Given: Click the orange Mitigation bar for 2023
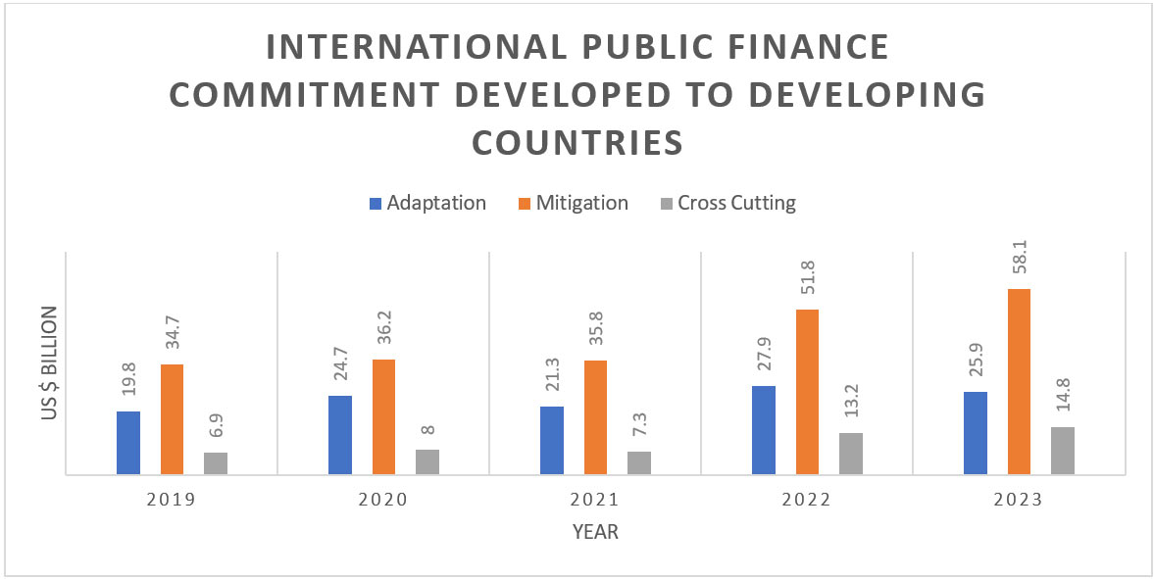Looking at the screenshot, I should pyautogui.click(x=1019, y=382).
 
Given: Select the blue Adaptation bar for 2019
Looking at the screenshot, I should pyautogui.click(x=128, y=443).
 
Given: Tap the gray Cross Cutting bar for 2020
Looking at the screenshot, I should pyautogui.click(x=426, y=461).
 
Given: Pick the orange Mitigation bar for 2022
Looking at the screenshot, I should pyautogui.click(x=807, y=392).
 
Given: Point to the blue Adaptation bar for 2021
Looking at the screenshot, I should pyautogui.click(x=552, y=440).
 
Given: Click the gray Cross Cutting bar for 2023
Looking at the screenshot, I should pyautogui.click(x=1063, y=451).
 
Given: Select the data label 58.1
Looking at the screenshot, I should pyautogui.click(x=1019, y=260).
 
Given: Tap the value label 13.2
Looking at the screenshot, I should pyautogui.click(x=851, y=404).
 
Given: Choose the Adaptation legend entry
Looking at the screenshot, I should pyautogui.click(x=427, y=204).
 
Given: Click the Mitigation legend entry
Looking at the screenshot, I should pyautogui.click(x=577, y=204).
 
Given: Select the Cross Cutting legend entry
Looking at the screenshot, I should pyautogui.click(x=726, y=204).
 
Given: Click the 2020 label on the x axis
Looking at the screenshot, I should pyautogui.click(x=383, y=499).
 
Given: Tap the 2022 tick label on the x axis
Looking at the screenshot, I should pyautogui.click(x=807, y=499).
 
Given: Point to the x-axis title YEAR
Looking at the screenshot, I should pyautogui.click(x=595, y=532).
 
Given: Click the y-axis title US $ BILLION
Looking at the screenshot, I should pyautogui.click(x=50, y=363).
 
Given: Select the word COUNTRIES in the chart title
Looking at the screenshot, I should pyautogui.click(x=577, y=142).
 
